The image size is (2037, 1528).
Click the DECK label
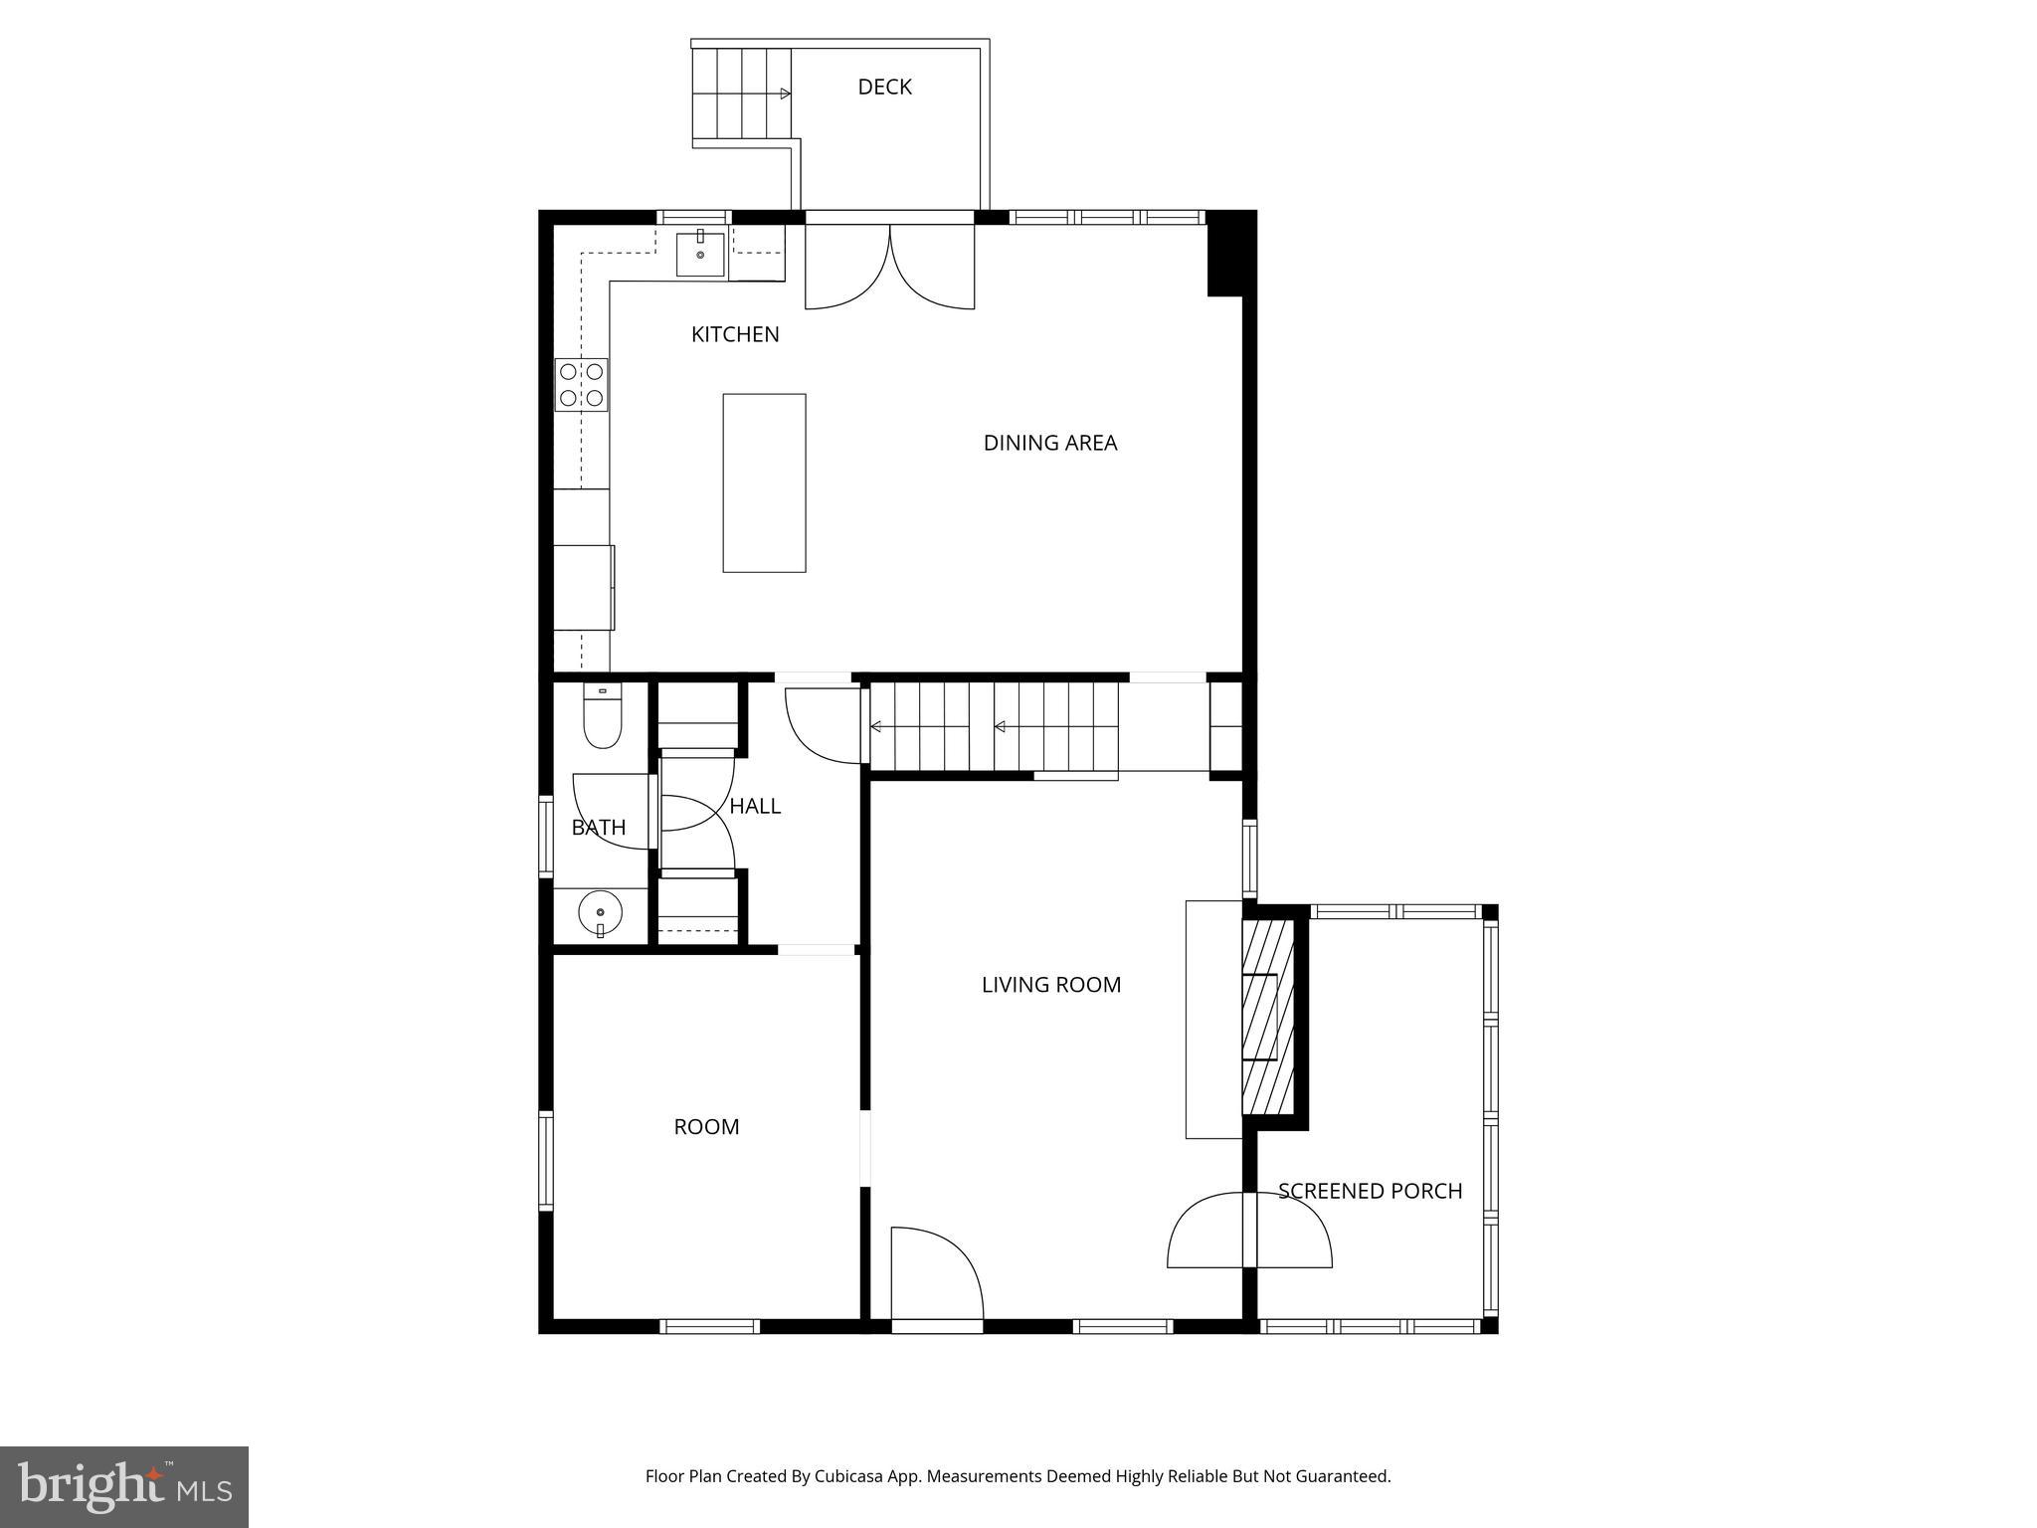tap(884, 88)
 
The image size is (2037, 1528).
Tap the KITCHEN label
tap(735, 334)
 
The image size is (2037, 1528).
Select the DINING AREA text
tap(1049, 443)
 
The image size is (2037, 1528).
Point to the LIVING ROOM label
tap(1050, 985)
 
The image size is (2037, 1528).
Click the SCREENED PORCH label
tap(1370, 1191)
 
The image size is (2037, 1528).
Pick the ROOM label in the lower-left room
tap(706, 1127)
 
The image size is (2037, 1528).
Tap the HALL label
tap(755, 806)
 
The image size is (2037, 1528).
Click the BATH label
tap(599, 828)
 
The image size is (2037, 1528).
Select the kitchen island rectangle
tap(764, 482)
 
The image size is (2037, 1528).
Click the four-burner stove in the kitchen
tap(582, 385)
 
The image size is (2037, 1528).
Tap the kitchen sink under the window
tap(700, 254)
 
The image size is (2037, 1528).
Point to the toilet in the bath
tap(602, 716)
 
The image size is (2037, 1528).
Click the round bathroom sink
tap(600, 912)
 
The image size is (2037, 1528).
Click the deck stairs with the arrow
tap(742, 95)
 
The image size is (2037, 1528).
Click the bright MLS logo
tap(124, 1486)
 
